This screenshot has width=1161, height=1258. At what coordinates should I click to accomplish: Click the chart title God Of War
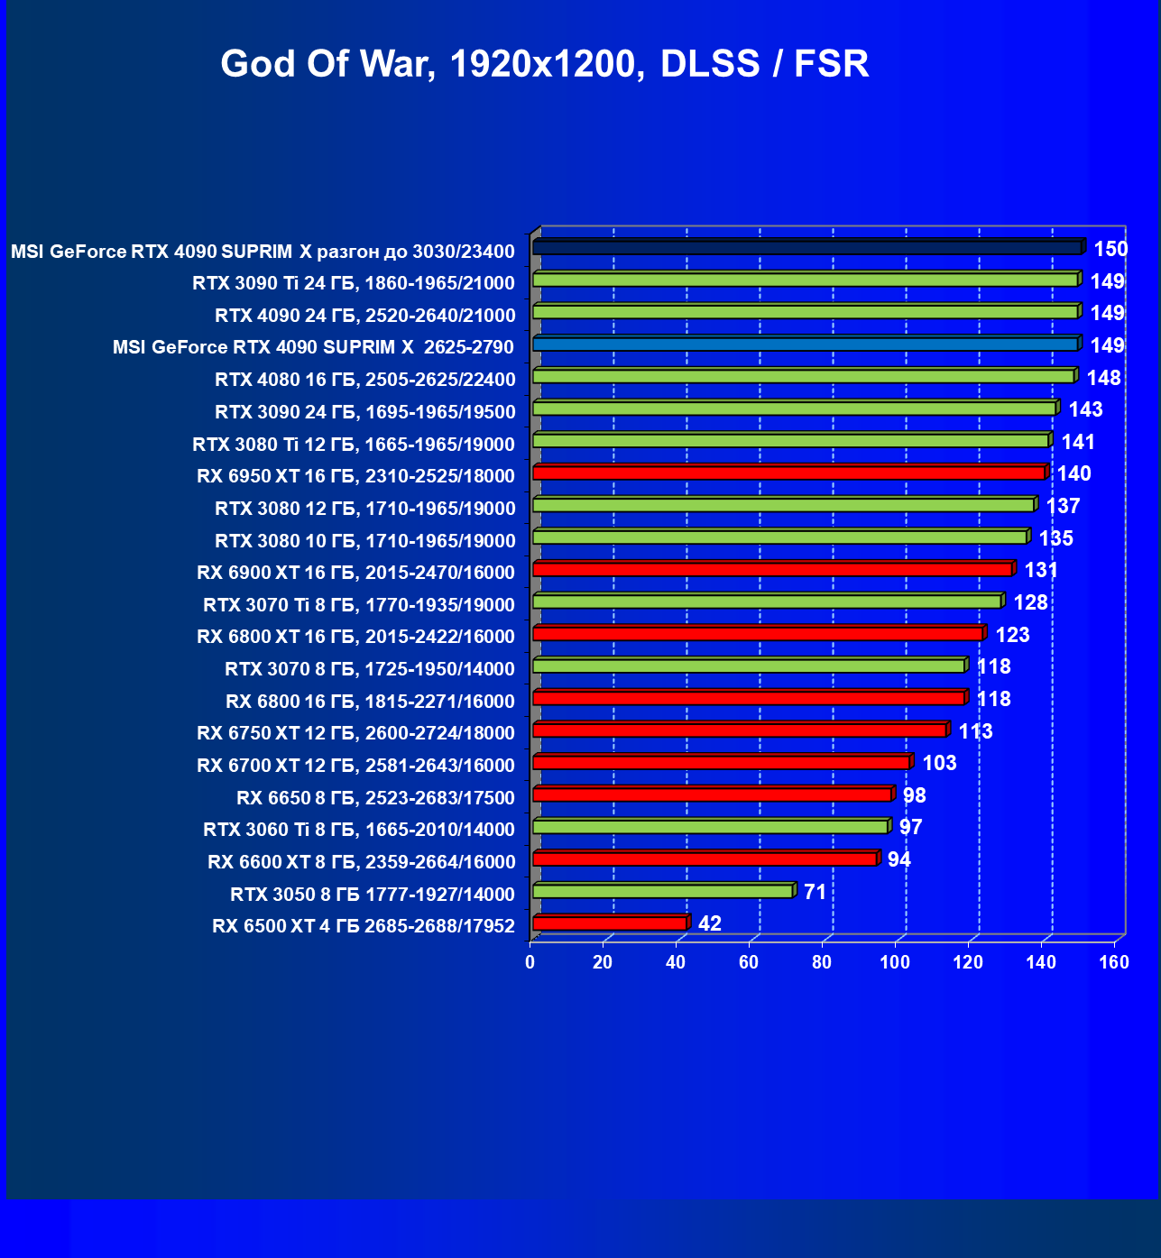click(x=545, y=64)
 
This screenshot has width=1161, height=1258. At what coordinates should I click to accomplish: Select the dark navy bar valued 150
click(x=807, y=247)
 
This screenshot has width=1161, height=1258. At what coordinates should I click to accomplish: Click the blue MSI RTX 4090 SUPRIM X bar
click(x=806, y=344)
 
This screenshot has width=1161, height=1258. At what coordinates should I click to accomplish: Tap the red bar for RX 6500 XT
click(x=610, y=923)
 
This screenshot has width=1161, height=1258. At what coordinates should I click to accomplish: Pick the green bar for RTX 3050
click(x=663, y=891)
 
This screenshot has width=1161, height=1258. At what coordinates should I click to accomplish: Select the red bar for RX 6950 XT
click(x=789, y=473)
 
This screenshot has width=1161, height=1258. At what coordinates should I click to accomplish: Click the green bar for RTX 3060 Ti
click(x=711, y=827)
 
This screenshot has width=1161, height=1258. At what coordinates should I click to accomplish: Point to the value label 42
click(x=710, y=923)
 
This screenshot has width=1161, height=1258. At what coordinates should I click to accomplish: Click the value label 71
click(x=815, y=892)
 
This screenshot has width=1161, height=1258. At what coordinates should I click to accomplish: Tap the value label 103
click(x=939, y=763)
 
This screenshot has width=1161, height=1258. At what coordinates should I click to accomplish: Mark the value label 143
click(x=1085, y=409)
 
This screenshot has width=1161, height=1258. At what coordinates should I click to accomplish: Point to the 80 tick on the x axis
click(x=822, y=962)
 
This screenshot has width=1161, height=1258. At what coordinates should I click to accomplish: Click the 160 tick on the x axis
click(x=1114, y=962)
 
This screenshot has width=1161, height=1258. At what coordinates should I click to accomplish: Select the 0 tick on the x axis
click(x=530, y=962)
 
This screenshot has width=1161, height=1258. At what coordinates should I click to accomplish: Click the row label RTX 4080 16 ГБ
click(x=365, y=379)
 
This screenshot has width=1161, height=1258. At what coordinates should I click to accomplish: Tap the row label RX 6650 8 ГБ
click(x=375, y=797)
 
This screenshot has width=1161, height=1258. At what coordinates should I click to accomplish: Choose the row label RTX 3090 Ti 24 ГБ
click(x=354, y=283)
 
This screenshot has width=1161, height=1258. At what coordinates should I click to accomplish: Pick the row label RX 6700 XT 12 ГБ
click(x=356, y=766)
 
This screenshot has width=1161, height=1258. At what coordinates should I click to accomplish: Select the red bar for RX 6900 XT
click(x=773, y=569)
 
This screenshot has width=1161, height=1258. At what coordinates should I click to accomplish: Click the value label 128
click(x=1030, y=602)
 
